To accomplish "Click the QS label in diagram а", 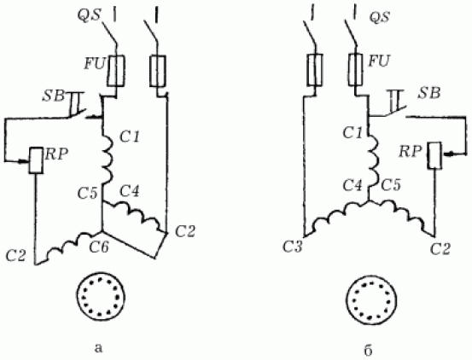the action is click(89, 15).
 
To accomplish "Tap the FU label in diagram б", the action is click(379, 61).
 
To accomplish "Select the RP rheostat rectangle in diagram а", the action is click(36, 160).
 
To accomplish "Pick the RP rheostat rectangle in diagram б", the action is click(435, 155).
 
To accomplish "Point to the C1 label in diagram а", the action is click(130, 137).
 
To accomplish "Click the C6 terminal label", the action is click(99, 247).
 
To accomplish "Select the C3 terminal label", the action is click(292, 247).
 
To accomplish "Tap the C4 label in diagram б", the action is click(353, 185).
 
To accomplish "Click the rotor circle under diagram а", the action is click(101, 297).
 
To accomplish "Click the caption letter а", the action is click(98, 348).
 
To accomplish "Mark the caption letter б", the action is click(368, 350).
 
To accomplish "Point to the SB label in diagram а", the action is click(53, 96).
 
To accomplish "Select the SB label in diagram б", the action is click(429, 94).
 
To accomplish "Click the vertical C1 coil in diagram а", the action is click(108, 160).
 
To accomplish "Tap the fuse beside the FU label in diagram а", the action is click(115, 71).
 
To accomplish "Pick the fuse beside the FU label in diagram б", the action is click(356, 69).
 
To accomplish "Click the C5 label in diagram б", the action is click(391, 185).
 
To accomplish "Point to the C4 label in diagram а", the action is click(130, 191).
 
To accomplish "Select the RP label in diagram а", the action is click(56, 154).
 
